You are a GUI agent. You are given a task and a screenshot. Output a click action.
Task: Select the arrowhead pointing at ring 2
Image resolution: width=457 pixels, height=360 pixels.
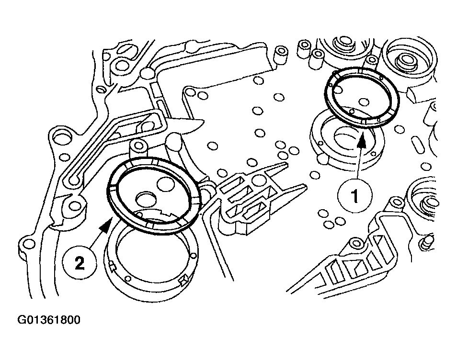[x=112, y=221]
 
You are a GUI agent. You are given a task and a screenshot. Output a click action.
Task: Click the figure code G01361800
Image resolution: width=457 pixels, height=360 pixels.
[x=49, y=319]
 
